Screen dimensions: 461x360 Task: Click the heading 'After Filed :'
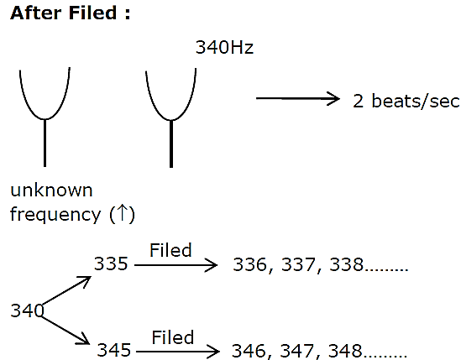[x=71, y=13]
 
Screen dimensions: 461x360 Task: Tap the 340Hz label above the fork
[x=224, y=47]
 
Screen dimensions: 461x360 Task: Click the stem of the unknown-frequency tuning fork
[x=45, y=143]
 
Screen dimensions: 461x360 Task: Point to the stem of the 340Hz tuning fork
[x=171, y=144]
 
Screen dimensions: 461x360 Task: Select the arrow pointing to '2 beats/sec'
[x=298, y=98]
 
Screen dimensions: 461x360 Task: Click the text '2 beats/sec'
[x=406, y=101]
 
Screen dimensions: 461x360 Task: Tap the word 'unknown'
[x=51, y=190]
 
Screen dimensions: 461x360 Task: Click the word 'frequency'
[x=55, y=215]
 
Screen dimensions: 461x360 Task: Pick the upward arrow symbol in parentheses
[x=122, y=213]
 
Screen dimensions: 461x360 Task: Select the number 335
[x=111, y=263]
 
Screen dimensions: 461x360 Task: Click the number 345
[x=113, y=350]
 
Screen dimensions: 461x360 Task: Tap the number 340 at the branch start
[x=27, y=310]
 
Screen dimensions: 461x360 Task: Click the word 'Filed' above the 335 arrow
[x=170, y=250]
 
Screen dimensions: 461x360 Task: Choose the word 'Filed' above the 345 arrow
[x=173, y=337]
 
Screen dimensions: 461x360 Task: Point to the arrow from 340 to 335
[x=66, y=290]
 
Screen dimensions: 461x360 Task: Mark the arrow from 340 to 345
[x=65, y=330]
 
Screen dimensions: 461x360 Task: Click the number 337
[x=298, y=264]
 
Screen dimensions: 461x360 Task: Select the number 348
[x=345, y=351]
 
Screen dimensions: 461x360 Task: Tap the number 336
[x=250, y=264]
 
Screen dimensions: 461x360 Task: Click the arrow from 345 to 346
[x=178, y=351]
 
